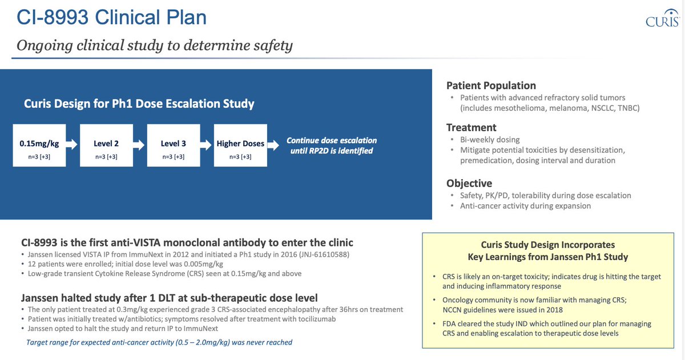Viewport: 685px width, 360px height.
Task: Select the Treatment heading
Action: tap(472, 127)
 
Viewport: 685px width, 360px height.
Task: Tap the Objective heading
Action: tap(469, 183)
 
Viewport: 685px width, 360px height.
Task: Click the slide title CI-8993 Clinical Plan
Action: tap(112, 18)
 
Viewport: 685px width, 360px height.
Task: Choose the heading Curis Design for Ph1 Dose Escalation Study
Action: tap(139, 103)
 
